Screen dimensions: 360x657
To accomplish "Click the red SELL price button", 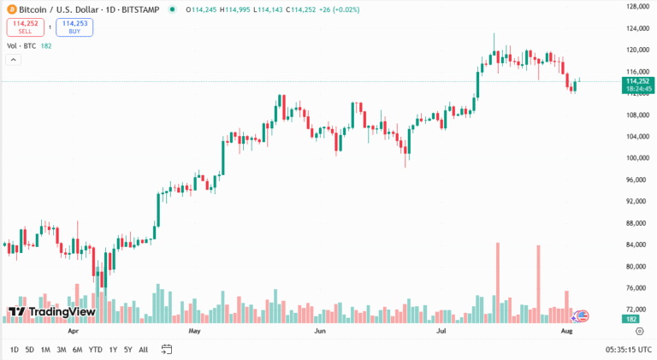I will (25, 27).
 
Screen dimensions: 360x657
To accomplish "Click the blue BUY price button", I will (74, 27).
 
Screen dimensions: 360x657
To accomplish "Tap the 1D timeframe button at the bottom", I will (15, 349).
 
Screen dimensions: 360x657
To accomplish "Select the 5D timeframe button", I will (30, 349).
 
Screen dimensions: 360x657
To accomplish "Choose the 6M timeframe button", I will (77, 349).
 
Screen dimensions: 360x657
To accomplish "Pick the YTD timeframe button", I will (95, 349).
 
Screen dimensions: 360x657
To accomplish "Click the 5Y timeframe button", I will (127, 349).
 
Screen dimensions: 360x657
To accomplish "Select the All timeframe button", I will (143, 349).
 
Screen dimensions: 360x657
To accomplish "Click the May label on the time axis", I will (194, 329).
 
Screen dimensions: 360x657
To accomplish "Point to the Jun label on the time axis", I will (320, 329).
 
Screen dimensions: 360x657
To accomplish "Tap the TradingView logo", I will (50, 312).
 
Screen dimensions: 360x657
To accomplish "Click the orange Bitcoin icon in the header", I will (10, 9).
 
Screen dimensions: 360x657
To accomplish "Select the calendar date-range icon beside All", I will (167, 349).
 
